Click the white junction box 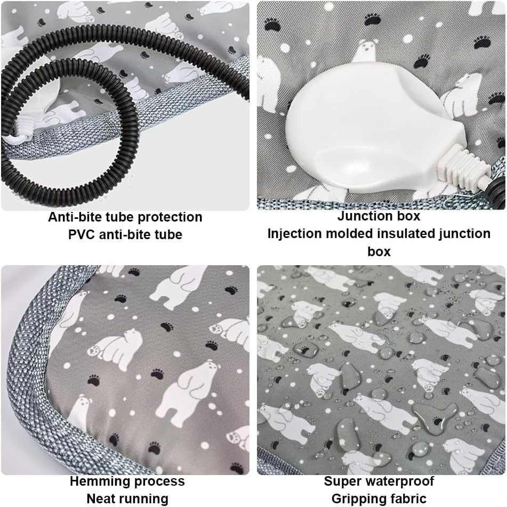pyautogui.click(x=372, y=129)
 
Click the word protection pyautogui.click(x=170, y=217)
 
